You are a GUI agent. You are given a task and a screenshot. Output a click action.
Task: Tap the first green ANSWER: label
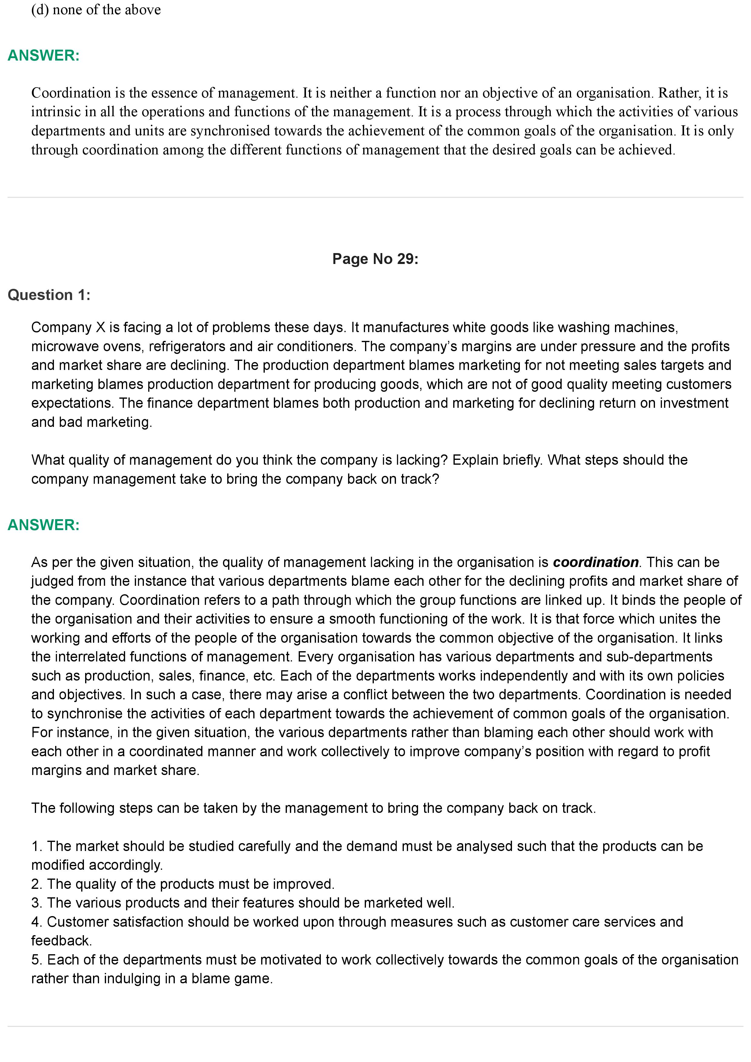(x=44, y=55)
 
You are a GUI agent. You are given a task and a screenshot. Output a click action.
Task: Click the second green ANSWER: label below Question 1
(x=44, y=525)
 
